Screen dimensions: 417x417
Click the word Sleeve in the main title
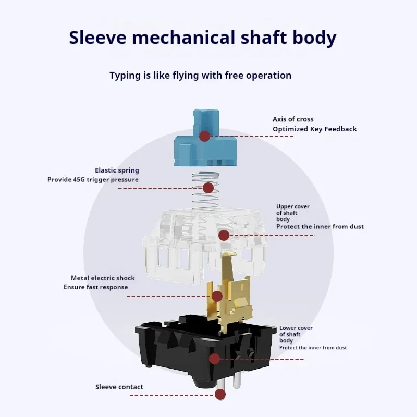(97, 37)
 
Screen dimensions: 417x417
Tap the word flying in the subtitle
(186, 76)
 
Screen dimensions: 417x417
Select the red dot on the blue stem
(205, 136)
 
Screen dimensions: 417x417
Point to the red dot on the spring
(208, 188)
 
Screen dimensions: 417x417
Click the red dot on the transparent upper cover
(224, 236)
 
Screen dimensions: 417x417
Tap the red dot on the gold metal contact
(217, 296)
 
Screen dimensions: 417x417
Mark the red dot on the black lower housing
(214, 359)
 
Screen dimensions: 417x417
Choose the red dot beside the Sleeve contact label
(220, 395)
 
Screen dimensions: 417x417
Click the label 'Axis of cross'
(293, 119)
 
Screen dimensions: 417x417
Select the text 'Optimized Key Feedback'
(315, 129)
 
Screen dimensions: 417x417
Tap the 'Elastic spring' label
(117, 170)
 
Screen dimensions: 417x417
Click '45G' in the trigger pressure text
(79, 179)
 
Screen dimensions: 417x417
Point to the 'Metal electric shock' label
(103, 278)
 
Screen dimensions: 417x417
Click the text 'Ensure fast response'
(96, 287)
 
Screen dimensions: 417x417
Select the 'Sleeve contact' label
(119, 387)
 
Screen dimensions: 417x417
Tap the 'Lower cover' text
(296, 328)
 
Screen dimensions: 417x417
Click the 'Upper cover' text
(293, 206)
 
